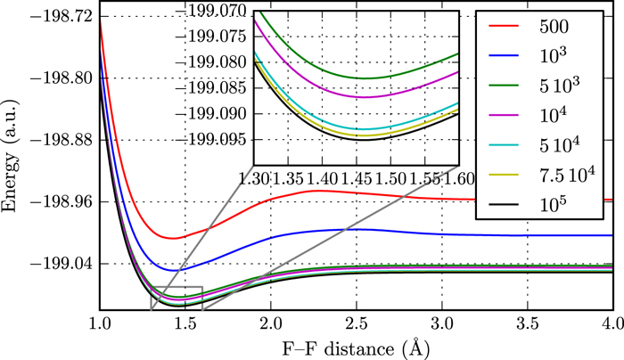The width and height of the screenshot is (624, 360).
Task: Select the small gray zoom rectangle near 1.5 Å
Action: coord(177,298)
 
